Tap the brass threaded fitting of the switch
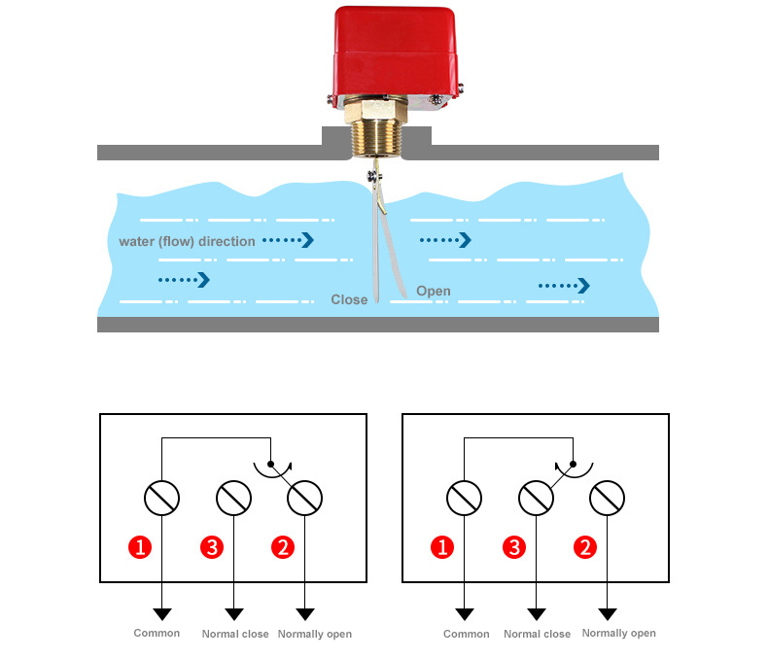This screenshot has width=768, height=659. point(377,136)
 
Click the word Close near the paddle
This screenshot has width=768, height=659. point(349,299)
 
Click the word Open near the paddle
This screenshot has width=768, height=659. point(434,291)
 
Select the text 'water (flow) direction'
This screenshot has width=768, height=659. point(187,241)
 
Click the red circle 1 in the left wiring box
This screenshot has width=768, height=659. point(141,547)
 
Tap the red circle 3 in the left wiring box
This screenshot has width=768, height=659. point(212,547)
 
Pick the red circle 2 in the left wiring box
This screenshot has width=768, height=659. point(282,547)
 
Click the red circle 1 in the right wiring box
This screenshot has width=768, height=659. point(443,547)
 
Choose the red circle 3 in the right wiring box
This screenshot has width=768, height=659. point(514,547)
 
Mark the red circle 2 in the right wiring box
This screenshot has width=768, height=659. point(585,547)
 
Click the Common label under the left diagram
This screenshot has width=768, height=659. point(157,634)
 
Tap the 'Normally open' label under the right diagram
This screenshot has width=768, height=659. point(618,633)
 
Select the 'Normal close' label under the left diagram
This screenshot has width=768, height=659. point(234,635)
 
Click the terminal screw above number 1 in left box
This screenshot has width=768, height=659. point(161,499)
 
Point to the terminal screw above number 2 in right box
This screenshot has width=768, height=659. point(608,499)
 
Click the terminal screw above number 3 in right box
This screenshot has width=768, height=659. point(536,499)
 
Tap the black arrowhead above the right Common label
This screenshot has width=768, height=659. point(465,614)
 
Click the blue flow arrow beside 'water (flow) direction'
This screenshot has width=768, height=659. point(290,239)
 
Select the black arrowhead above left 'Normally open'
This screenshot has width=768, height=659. point(305,614)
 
